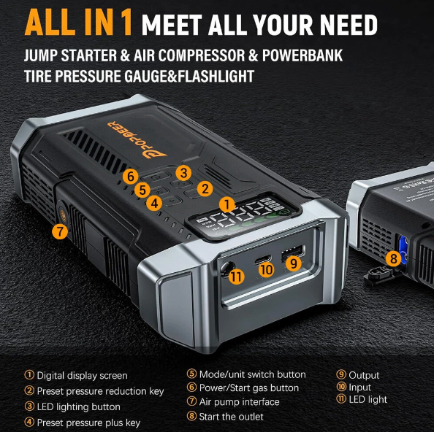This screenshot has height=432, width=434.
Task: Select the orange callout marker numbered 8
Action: point(394,258)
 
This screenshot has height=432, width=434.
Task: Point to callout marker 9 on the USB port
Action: point(294,263)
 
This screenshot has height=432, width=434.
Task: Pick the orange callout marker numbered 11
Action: point(236,277)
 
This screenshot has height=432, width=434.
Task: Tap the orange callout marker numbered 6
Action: point(130,176)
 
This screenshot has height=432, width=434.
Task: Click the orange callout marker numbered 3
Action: point(183,173)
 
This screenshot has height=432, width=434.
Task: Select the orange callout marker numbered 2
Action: point(205,188)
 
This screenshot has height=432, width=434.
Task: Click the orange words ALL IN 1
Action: point(79,23)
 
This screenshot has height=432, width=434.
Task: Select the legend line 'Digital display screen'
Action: point(82,375)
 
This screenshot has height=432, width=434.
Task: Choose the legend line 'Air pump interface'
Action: point(238,401)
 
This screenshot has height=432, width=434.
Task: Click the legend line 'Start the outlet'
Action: point(231,416)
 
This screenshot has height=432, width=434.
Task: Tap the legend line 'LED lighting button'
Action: point(78,406)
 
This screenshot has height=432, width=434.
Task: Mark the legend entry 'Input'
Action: point(359,387)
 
